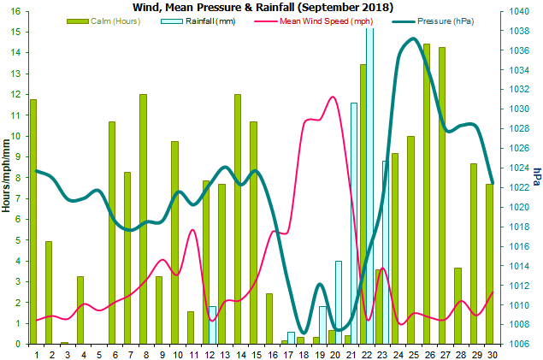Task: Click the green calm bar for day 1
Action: (33, 222)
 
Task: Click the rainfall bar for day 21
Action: (354, 223)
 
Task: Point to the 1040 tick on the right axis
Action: (518, 11)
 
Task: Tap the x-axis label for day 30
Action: (491, 351)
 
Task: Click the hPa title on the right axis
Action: (536, 176)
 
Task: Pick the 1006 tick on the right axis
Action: (518, 344)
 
